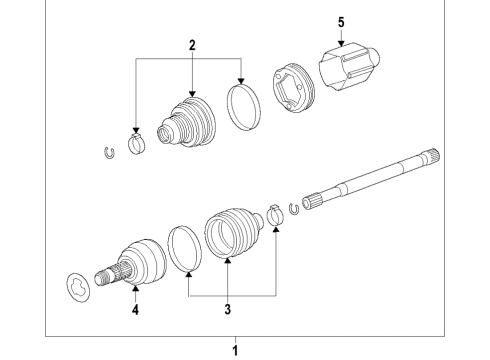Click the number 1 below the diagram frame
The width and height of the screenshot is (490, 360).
pos(236,350)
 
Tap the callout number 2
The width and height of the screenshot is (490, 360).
pos(191,46)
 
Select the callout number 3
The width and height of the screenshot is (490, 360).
pos(227,310)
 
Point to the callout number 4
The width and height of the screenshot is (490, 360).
pos(134,310)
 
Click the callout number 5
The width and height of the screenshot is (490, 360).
pos(340,21)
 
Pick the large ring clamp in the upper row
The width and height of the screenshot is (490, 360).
pos(242,105)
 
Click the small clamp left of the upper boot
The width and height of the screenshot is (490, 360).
pos(137,142)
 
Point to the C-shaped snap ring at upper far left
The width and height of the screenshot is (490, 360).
pos(109,151)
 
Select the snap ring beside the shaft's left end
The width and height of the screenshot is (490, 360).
pos(294,208)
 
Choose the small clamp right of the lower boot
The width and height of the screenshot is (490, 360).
pos(274,216)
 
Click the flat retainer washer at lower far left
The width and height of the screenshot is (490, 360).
pos(76,285)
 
